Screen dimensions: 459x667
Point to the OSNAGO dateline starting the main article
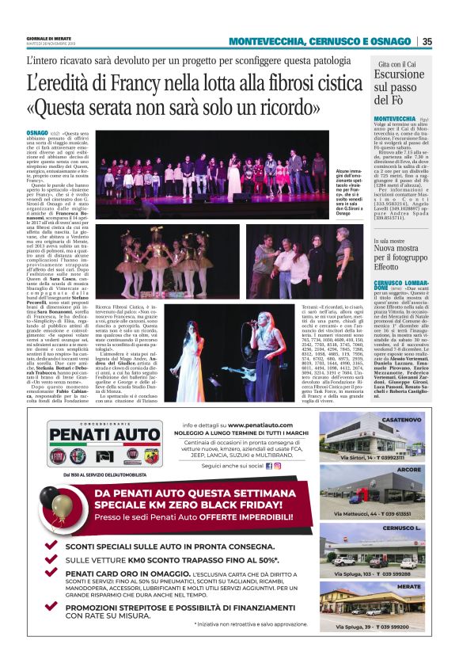point(36,134)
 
